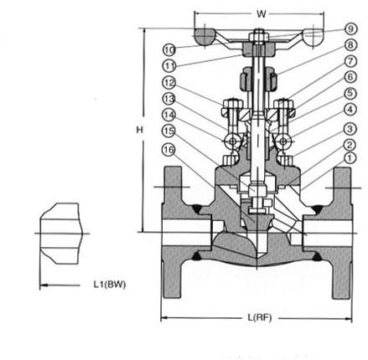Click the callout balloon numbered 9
point(350,28)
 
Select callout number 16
point(168,150)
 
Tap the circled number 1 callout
point(350,158)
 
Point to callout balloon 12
point(169,83)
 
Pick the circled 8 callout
point(350,45)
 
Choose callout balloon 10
point(168,50)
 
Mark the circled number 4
point(350,110)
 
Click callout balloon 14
point(168,115)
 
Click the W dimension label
point(262,13)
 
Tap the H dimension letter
point(139,130)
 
